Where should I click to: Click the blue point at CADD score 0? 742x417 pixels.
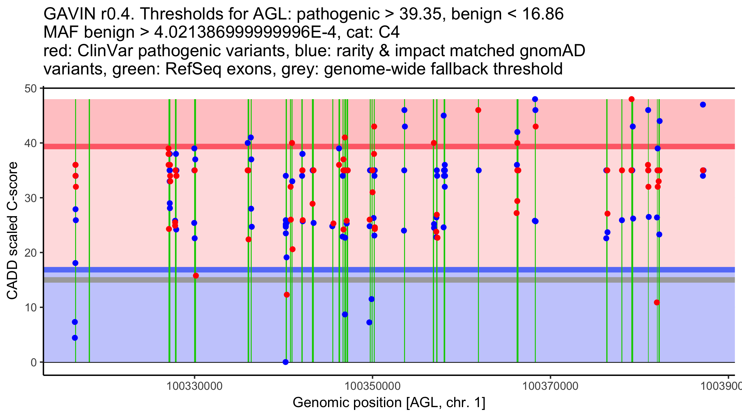[286, 362]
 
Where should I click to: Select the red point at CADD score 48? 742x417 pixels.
[632, 99]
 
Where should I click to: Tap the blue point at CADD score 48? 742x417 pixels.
[535, 99]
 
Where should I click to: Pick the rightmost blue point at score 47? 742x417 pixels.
[703, 105]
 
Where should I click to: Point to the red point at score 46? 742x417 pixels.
[478, 110]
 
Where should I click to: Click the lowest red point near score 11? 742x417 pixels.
[657, 302]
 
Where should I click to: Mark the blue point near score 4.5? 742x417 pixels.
[75, 338]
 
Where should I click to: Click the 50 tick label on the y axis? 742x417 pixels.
[30, 89]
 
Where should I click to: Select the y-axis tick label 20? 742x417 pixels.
[30, 253]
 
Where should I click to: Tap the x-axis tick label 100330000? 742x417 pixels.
[194, 386]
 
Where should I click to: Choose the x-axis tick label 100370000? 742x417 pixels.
[550, 386]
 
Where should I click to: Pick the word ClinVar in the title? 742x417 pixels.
[105, 51]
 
